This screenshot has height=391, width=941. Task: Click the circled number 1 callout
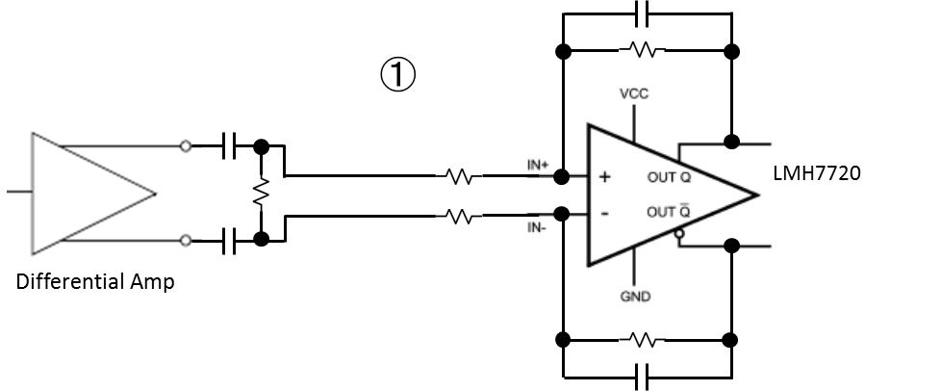coord(397,74)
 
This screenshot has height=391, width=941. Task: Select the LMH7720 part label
coord(816,173)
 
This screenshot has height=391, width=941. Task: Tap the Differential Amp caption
coord(95,283)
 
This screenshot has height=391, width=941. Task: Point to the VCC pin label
coord(634,94)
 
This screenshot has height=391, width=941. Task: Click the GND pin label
coord(635,297)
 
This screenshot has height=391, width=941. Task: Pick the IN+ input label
coord(536,165)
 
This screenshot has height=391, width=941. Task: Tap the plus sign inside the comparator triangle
coord(605,177)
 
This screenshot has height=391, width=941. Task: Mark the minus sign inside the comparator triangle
coord(604,213)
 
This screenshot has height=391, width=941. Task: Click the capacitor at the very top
coord(645,13)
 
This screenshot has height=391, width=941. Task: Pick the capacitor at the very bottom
coord(645,375)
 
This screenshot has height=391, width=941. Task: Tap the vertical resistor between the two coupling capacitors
coord(259,193)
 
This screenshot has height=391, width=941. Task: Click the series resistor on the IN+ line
coord(460,176)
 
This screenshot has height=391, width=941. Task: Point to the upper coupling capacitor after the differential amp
coord(229,146)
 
